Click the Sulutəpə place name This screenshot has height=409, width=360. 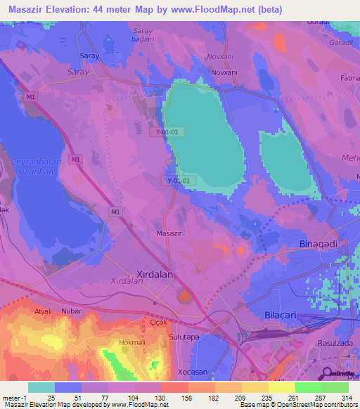185,337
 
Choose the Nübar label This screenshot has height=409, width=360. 72,310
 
